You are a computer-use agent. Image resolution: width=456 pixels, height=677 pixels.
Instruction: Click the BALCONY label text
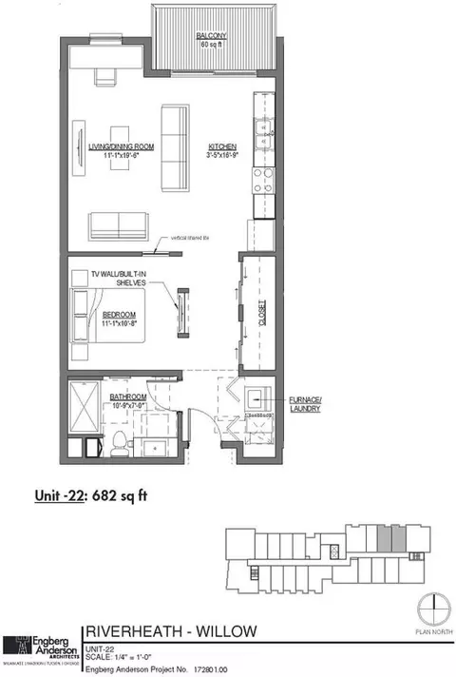(x=210, y=37)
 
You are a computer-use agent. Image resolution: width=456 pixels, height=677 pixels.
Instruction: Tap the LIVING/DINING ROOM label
(x=113, y=147)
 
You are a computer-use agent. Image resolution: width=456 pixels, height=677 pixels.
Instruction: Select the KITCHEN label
(x=222, y=147)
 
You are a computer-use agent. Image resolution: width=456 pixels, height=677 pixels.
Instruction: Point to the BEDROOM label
(x=122, y=315)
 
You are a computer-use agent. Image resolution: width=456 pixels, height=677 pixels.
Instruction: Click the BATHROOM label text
(x=125, y=401)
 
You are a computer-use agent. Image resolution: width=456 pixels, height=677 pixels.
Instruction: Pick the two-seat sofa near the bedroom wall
(x=119, y=226)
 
